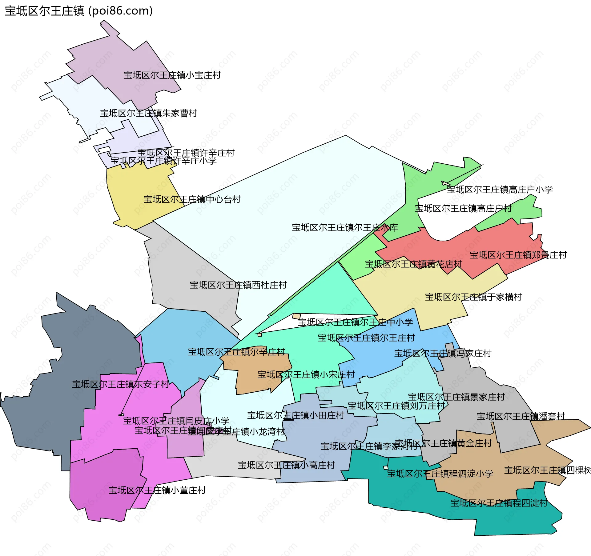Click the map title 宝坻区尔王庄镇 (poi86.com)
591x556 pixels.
click(x=79, y=11)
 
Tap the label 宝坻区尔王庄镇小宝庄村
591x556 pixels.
click(x=172, y=75)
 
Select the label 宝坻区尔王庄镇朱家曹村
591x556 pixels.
click(x=148, y=114)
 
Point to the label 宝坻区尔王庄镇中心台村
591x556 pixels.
click(x=192, y=200)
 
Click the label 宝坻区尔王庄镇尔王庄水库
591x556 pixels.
click(x=345, y=228)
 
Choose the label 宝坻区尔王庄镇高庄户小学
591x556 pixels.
click(x=500, y=190)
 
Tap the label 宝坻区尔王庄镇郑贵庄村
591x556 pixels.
click(x=518, y=255)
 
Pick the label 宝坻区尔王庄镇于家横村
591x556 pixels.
click(x=473, y=297)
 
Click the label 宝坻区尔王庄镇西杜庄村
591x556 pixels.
click(x=238, y=285)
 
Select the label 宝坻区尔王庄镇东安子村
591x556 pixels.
click(x=121, y=384)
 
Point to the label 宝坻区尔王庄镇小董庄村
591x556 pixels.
click(x=157, y=490)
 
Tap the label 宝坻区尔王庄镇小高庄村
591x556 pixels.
click(x=286, y=465)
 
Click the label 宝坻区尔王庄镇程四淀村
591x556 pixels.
click(x=499, y=503)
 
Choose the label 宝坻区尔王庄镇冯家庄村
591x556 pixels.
click(x=443, y=354)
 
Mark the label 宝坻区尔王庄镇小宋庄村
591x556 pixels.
click(x=306, y=375)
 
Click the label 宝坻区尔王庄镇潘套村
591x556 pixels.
click(x=521, y=417)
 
